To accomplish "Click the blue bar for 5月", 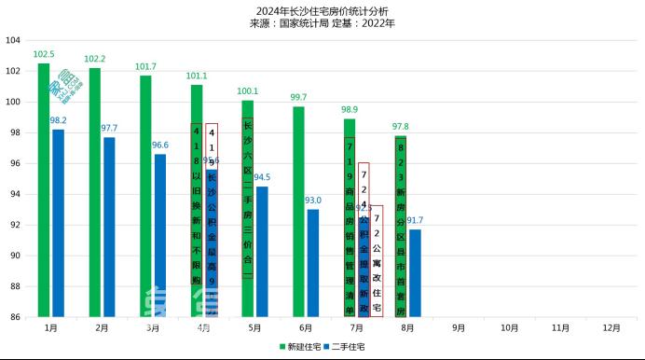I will [262, 251].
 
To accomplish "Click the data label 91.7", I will [415, 220].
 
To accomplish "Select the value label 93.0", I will [313, 200].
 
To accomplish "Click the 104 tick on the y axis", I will [13, 41].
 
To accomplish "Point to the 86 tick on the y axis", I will [15, 317].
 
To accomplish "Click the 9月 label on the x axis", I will [459, 328].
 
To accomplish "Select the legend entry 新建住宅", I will [300, 347].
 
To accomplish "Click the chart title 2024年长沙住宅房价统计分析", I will [322, 10].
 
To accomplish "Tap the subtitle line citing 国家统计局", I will [322, 23].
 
